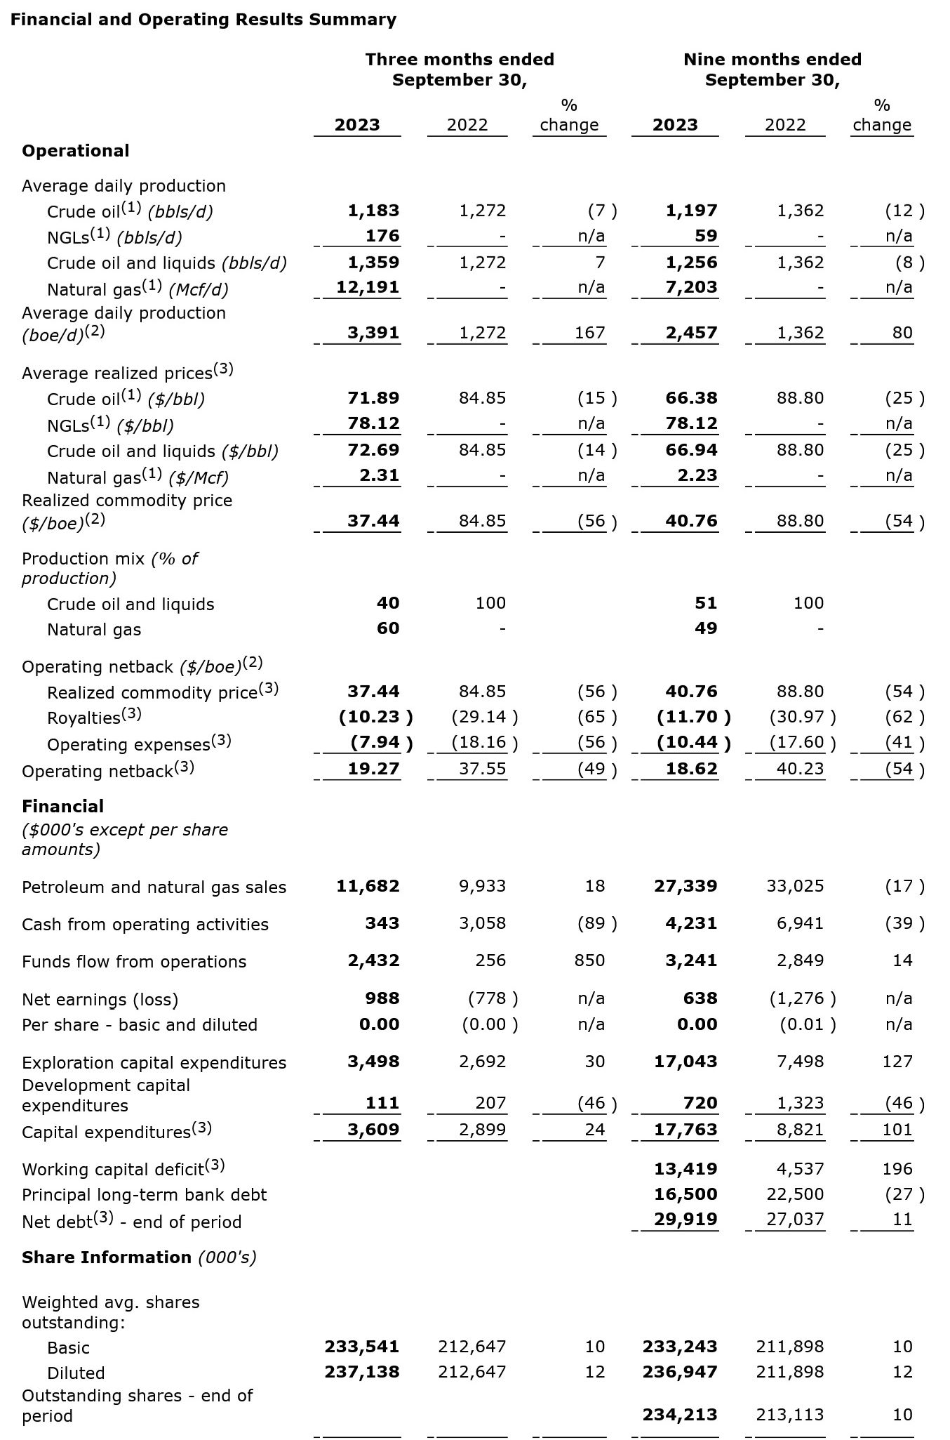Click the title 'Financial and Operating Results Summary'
coord(203,20)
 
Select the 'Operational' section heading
coord(76,151)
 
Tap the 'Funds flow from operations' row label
coord(134,962)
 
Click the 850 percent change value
coord(589,960)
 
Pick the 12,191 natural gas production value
coord(368,287)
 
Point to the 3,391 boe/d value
coord(373,333)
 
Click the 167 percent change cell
coord(590,333)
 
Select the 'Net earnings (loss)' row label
coord(100,1000)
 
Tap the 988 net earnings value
coord(382,998)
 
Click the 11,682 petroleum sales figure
coord(368,886)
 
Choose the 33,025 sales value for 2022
coord(795,886)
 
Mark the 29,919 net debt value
coord(685,1220)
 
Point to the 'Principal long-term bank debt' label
coord(145,1195)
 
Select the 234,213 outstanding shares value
coord(680,1415)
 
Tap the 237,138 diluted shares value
coord(362,1372)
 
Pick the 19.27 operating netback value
coord(373,769)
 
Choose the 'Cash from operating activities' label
coord(145,925)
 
